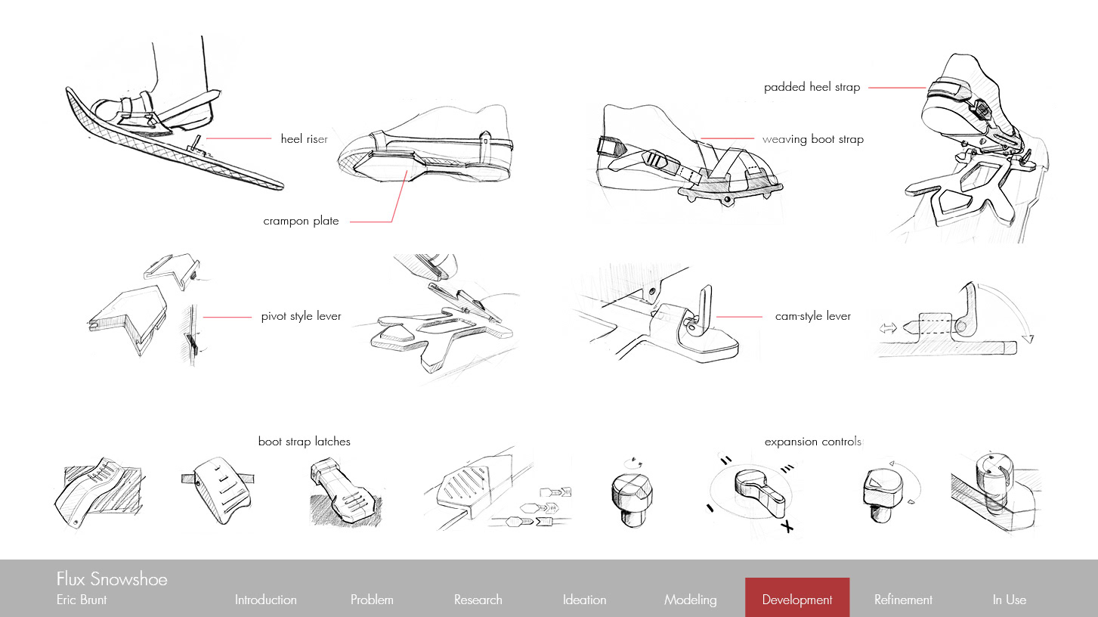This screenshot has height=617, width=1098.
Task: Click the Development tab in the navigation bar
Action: [x=797, y=600]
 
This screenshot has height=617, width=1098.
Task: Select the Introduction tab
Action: [x=265, y=600]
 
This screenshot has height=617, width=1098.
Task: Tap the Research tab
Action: [x=478, y=600]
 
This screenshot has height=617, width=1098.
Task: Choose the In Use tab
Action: [x=1009, y=600]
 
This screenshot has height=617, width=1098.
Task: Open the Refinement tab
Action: [x=903, y=600]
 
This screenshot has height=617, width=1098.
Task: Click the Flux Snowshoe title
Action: [x=112, y=579]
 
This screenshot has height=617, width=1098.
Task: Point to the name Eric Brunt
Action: [x=82, y=600]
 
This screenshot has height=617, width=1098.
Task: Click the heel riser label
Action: [x=304, y=139]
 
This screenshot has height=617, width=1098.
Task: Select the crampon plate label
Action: [x=301, y=222]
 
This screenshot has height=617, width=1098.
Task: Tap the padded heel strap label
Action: [x=812, y=87]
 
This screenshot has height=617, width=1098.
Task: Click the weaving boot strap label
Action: [x=812, y=139]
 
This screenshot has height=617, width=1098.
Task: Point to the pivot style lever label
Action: [x=301, y=316]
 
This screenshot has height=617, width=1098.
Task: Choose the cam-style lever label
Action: [x=812, y=316]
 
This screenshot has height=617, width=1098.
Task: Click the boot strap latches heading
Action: [x=304, y=442]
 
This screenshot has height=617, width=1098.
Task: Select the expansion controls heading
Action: [x=812, y=442]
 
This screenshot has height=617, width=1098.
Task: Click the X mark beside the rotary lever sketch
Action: [x=788, y=527]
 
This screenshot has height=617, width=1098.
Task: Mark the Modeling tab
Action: [x=690, y=600]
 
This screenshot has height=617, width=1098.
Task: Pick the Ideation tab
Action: [x=584, y=600]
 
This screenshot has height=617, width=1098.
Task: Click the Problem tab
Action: [x=372, y=600]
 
